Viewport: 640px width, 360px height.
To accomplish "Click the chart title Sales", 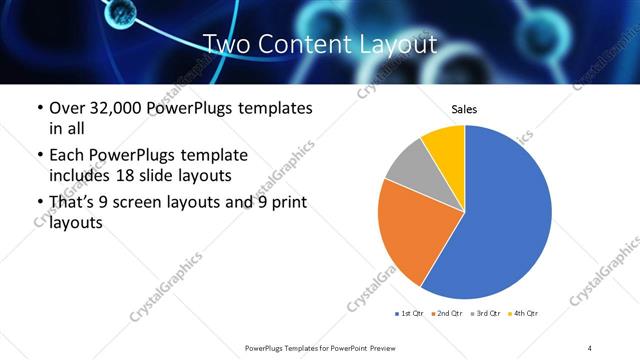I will [464, 108].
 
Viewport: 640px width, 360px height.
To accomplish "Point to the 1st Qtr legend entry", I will [411, 314].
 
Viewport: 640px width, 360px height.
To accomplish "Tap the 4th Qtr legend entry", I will [524, 314].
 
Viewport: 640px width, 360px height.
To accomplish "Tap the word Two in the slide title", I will [227, 45].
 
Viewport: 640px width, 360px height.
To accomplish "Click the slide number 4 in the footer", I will [589, 347].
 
